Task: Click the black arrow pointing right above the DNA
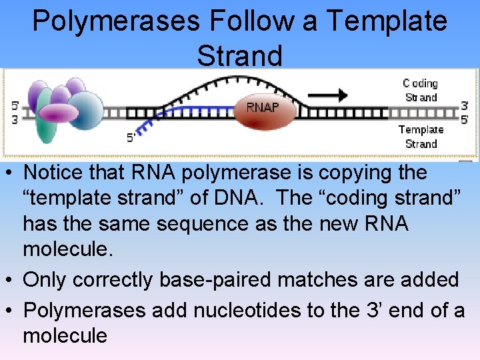(327, 95)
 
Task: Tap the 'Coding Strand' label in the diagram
(420, 90)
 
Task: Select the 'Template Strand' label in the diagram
(421, 137)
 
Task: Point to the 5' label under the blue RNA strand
(131, 138)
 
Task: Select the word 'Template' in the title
(387, 21)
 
